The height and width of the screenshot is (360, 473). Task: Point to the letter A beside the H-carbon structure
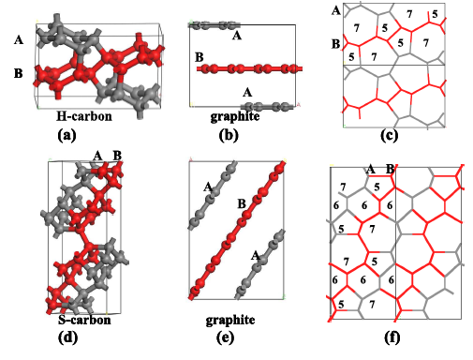pyautogui.click(x=19, y=40)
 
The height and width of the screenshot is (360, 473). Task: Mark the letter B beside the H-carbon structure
pyautogui.click(x=19, y=71)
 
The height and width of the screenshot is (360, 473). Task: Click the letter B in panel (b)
pyautogui.click(x=199, y=58)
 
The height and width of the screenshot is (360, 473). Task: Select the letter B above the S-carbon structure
pyautogui.click(x=117, y=155)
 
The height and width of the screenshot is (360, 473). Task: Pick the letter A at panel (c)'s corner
pyautogui.click(x=335, y=10)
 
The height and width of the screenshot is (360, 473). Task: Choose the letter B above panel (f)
pyautogui.click(x=391, y=169)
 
